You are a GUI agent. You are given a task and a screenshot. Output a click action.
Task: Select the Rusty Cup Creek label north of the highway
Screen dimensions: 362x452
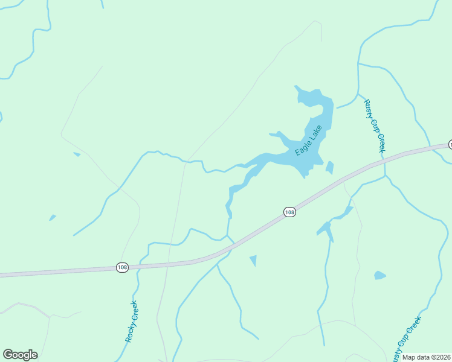click(375, 125)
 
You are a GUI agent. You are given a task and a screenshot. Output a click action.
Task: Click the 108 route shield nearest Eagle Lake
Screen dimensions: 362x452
click(289, 212)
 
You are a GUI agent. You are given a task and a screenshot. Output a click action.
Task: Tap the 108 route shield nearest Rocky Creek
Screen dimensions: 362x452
click(122, 267)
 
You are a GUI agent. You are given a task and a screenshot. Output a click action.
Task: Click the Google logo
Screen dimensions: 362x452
click(20, 355)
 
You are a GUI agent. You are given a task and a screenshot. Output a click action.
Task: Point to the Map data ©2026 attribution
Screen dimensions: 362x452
click(426, 357)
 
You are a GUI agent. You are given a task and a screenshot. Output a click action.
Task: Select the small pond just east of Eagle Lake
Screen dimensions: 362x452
click(329, 167)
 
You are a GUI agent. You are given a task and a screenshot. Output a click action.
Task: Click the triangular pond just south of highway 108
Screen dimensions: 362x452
click(253, 260)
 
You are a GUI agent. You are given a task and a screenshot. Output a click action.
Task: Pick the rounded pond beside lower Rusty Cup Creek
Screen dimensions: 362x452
click(379, 275)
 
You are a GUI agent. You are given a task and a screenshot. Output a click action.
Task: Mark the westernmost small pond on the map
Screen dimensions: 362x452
click(53, 217)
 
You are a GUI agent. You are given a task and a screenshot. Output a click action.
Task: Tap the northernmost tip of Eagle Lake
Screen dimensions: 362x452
click(296, 87)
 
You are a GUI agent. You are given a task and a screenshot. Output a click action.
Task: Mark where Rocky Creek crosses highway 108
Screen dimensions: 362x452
click(139, 265)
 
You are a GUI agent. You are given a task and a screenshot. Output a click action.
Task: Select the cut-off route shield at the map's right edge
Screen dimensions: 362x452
click(450, 145)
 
